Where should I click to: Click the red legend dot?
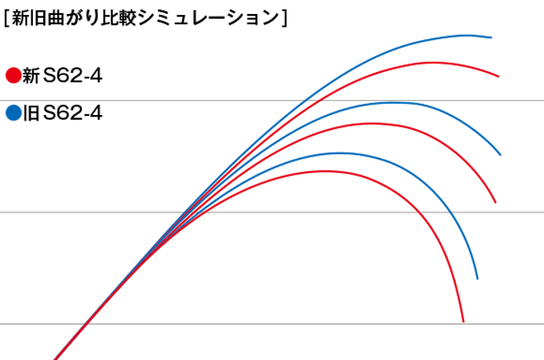pyautogui.click(x=13, y=75)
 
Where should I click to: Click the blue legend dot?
pyautogui.click(x=13, y=113)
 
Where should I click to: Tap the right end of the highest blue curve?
pyautogui.click(x=492, y=37)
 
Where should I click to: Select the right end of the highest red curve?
pyautogui.click(x=499, y=76)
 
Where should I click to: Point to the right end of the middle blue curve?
pyautogui.click(x=500, y=154)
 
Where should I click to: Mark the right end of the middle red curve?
pyautogui.click(x=495, y=203)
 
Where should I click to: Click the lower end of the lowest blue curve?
pyautogui.click(x=477, y=279)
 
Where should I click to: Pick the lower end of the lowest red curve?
pyautogui.click(x=464, y=322)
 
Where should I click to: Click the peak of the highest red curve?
pyautogui.click(x=435, y=63)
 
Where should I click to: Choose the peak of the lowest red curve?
pyautogui.click(x=326, y=171)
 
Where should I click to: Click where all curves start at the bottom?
pyautogui.click(x=56, y=358)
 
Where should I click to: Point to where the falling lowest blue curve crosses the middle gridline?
pyautogui.click(x=452, y=212)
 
